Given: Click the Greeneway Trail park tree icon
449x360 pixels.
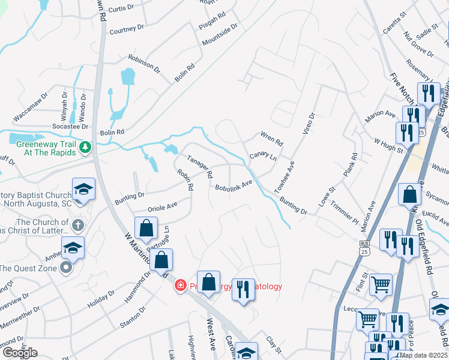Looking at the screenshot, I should pos(86,146).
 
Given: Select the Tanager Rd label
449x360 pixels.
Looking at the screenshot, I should pos(200,167).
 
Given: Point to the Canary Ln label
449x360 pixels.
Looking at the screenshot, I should pos(263,156).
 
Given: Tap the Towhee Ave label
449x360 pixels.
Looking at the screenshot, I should pos(284,174).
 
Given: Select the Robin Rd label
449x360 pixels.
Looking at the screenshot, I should pos(185,179).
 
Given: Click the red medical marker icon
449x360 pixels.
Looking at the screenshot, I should pos(179,286).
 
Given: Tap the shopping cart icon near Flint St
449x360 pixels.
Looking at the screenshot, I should pos(381,284).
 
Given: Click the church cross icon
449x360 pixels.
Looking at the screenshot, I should pos(77,226).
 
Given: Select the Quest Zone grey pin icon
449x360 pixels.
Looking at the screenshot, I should pos(65,268).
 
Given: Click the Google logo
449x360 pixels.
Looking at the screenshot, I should pos(20,353).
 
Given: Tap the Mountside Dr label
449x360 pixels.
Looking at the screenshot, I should pos(220,35).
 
